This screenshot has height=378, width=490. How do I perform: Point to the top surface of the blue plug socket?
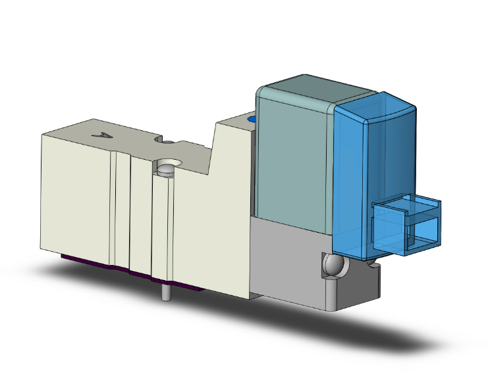coord(408,206)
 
